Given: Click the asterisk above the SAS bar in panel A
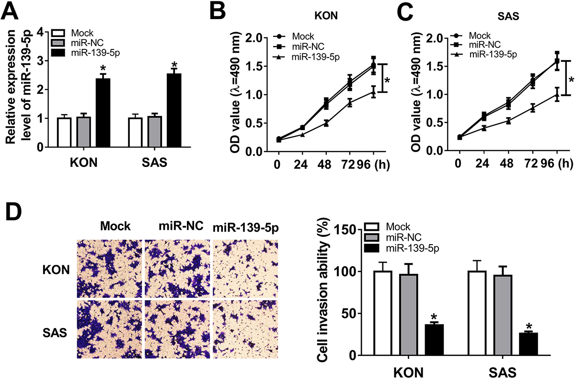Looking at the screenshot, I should coord(174,65).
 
